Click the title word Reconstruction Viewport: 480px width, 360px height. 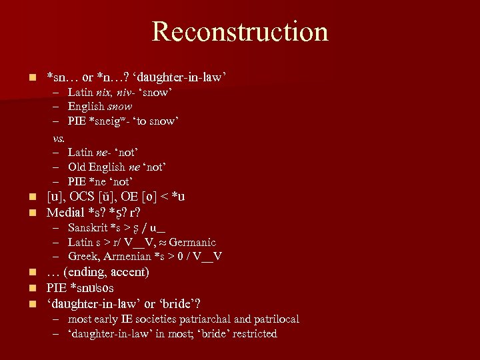[x=240, y=31]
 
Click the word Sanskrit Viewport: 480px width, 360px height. [x=89, y=229]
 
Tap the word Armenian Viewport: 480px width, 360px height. [x=125, y=257]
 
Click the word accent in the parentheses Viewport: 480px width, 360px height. [x=129, y=272]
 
